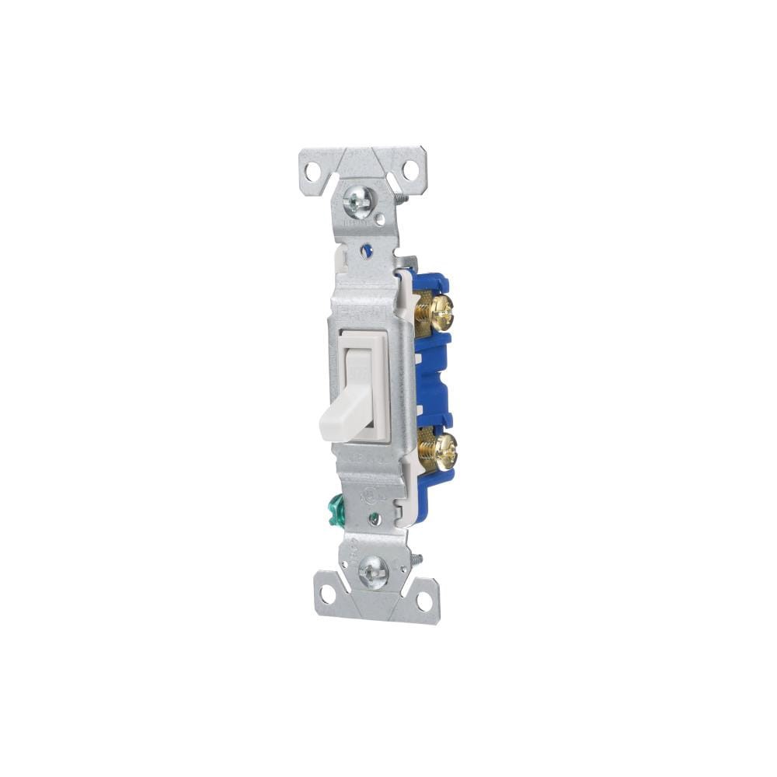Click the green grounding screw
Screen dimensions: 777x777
click(336, 517)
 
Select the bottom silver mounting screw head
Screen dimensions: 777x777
click(372, 574)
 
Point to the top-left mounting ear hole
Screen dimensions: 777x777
click(312, 167)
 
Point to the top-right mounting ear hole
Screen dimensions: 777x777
click(409, 169)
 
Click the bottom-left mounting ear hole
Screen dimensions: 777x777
click(327, 595)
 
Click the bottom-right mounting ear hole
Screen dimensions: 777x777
click(423, 601)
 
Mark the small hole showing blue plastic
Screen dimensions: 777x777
click(368, 250)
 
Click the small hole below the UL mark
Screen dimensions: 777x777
click(375, 519)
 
